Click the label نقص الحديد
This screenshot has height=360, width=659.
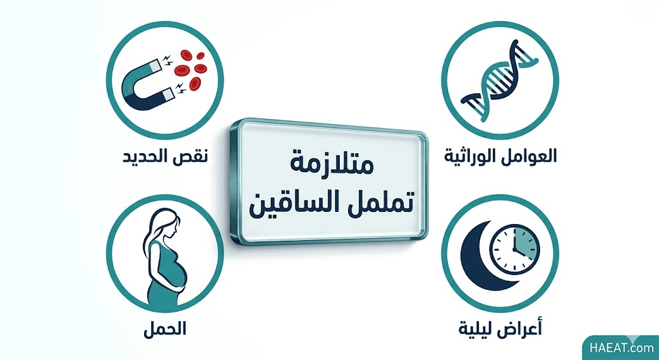[x=165, y=157]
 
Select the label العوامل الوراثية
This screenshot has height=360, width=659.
[x=501, y=156]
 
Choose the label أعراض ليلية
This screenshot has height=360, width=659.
[x=501, y=328]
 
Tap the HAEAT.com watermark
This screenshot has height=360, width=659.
[x=621, y=348]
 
